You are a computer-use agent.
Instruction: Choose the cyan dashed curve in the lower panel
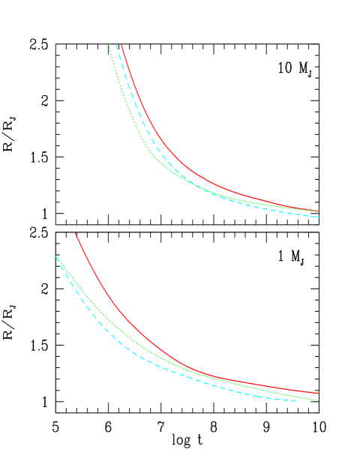112,337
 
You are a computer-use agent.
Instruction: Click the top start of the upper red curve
121,45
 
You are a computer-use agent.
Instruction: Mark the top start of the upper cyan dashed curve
116,45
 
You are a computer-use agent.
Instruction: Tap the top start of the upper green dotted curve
109,45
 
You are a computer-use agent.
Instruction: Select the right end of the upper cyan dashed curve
319,217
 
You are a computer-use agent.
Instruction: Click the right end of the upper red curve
319,211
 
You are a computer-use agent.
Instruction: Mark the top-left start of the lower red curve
75,233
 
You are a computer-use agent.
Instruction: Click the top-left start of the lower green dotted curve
56,256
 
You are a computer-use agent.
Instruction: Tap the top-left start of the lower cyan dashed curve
56,257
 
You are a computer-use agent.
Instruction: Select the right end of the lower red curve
319,393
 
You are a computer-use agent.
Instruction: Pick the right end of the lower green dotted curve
319,400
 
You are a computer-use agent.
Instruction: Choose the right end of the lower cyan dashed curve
297,400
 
